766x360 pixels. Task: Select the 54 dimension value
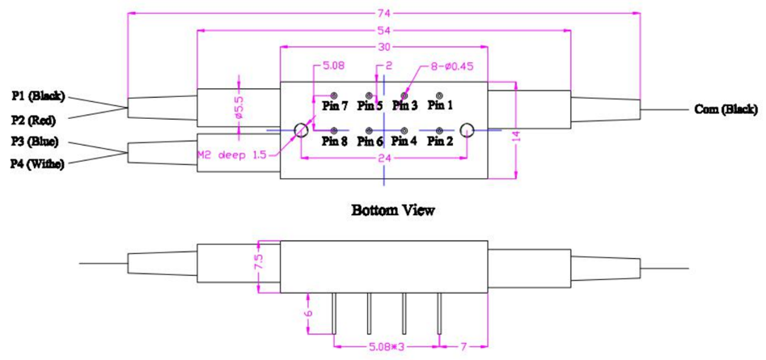pos(384,29)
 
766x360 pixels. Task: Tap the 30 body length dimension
pos(384,47)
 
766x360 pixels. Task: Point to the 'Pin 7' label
pos(334,105)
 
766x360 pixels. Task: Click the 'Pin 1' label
pos(441,104)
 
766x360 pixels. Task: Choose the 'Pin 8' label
pos(334,141)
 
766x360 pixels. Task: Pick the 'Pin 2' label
pos(441,141)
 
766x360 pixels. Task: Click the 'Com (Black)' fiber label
pos(726,109)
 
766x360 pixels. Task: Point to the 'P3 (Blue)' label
pos(35,142)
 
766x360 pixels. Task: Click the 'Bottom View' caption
pos(393,210)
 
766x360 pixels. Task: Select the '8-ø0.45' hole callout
pos(450,66)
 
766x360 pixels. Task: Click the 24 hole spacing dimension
pos(384,159)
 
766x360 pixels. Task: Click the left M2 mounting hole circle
pos(300,129)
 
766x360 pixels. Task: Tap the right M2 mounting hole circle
pos(467,129)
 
